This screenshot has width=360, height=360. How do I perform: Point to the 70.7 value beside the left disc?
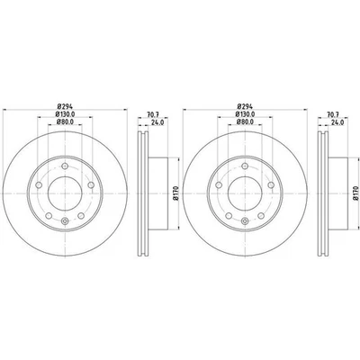coord(154,114)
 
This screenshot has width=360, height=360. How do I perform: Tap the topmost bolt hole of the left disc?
coord(67,163)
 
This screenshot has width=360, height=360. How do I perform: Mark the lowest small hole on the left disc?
coord(67,222)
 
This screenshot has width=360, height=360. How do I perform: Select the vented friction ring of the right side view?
coord(319,192)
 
